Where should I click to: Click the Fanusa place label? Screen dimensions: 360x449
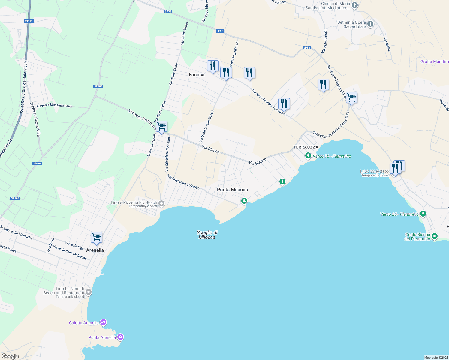tap(197, 75)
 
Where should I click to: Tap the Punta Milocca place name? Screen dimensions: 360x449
tap(232, 190)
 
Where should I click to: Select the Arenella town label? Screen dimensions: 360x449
tap(95, 250)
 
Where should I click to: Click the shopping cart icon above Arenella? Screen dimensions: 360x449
tap(96, 237)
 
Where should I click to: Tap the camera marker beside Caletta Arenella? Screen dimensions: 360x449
tap(103, 322)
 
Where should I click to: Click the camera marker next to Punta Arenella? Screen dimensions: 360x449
tap(120, 337)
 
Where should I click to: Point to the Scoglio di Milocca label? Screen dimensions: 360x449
tap(207, 235)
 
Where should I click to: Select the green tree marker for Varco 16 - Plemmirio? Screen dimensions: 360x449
tap(308, 156)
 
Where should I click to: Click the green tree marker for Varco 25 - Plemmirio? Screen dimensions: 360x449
tap(423, 214)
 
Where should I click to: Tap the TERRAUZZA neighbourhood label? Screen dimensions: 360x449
tap(306, 147)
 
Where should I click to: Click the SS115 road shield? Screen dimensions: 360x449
tap(29, 21)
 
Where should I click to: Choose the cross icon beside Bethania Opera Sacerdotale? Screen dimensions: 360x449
tap(370, 24)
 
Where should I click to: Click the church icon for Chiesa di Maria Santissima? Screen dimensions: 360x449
tap(355, 5)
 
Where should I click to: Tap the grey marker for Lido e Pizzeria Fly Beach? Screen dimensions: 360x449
tap(161, 204)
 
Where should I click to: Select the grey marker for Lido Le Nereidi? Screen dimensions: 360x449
tap(88, 292)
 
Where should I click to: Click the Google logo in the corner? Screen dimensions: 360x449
tap(10, 356)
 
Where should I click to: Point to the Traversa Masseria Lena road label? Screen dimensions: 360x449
tap(54, 106)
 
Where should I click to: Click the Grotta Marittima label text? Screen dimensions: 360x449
tap(434, 61)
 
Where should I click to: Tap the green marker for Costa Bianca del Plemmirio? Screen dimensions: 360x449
tap(435, 237)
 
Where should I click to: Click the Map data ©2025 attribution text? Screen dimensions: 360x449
tap(436, 358)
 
